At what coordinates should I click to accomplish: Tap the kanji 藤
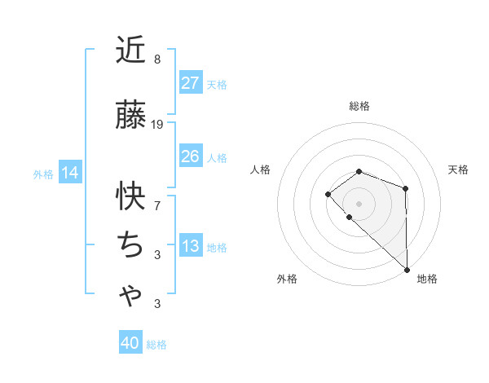click(x=131, y=117)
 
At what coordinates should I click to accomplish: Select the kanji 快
click(x=131, y=196)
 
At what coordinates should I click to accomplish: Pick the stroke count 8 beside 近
click(x=156, y=59)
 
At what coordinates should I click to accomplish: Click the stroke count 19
click(x=157, y=125)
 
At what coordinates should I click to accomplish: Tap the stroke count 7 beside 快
click(x=156, y=205)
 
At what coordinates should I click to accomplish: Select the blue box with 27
click(x=190, y=83)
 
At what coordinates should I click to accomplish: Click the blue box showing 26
click(x=190, y=156)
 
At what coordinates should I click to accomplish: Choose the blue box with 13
click(x=190, y=247)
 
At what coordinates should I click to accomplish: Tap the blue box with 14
click(x=70, y=173)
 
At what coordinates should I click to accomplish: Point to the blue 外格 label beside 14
click(x=43, y=174)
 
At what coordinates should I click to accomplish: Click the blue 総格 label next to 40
click(x=156, y=345)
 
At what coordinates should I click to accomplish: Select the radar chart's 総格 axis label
click(x=359, y=106)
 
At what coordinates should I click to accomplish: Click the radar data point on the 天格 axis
click(x=405, y=189)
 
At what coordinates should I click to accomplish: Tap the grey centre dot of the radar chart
click(x=359, y=203)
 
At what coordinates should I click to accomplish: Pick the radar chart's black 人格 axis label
click(x=261, y=169)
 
